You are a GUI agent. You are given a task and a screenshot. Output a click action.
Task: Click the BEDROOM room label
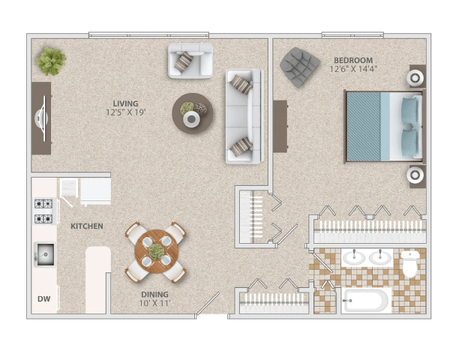[x=352, y=60]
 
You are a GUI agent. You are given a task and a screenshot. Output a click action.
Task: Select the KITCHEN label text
[x=87, y=226]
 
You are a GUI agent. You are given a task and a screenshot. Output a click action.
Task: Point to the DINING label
[x=155, y=295]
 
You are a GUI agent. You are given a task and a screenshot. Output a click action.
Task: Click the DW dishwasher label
[x=44, y=299]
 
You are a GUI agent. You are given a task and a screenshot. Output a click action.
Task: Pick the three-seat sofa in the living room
[x=243, y=116]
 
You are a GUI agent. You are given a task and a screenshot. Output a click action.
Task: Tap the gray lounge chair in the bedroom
[x=299, y=66]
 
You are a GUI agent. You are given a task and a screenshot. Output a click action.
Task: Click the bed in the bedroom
[x=382, y=125]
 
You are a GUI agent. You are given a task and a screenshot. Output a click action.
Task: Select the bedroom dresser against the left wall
[x=280, y=125]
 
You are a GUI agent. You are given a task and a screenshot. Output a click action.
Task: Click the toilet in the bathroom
[x=409, y=262]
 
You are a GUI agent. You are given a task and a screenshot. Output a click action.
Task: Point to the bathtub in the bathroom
[x=366, y=301]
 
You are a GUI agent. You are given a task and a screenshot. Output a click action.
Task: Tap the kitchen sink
[x=44, y=255]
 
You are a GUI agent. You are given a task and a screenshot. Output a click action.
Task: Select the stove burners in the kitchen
[x=43, y=211]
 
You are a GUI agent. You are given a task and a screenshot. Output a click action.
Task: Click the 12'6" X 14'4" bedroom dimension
[x=352, y=70]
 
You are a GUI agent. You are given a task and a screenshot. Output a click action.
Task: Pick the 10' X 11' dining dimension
[x=155, y=304]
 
